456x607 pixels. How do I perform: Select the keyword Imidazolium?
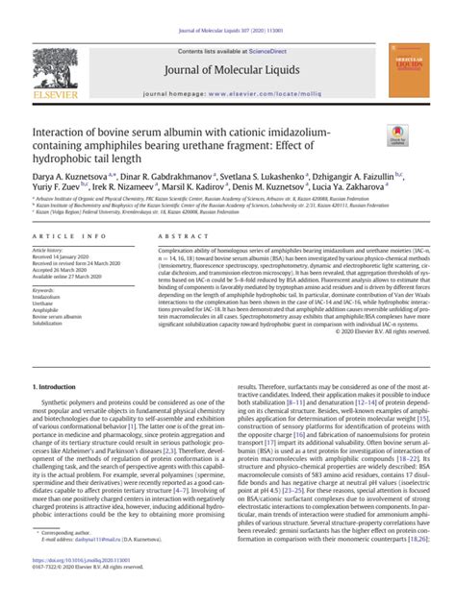[x=51, y=285]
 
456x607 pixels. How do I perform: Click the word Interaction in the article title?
[x=64, y=131]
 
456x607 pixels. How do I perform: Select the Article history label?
[x=53, y=250]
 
